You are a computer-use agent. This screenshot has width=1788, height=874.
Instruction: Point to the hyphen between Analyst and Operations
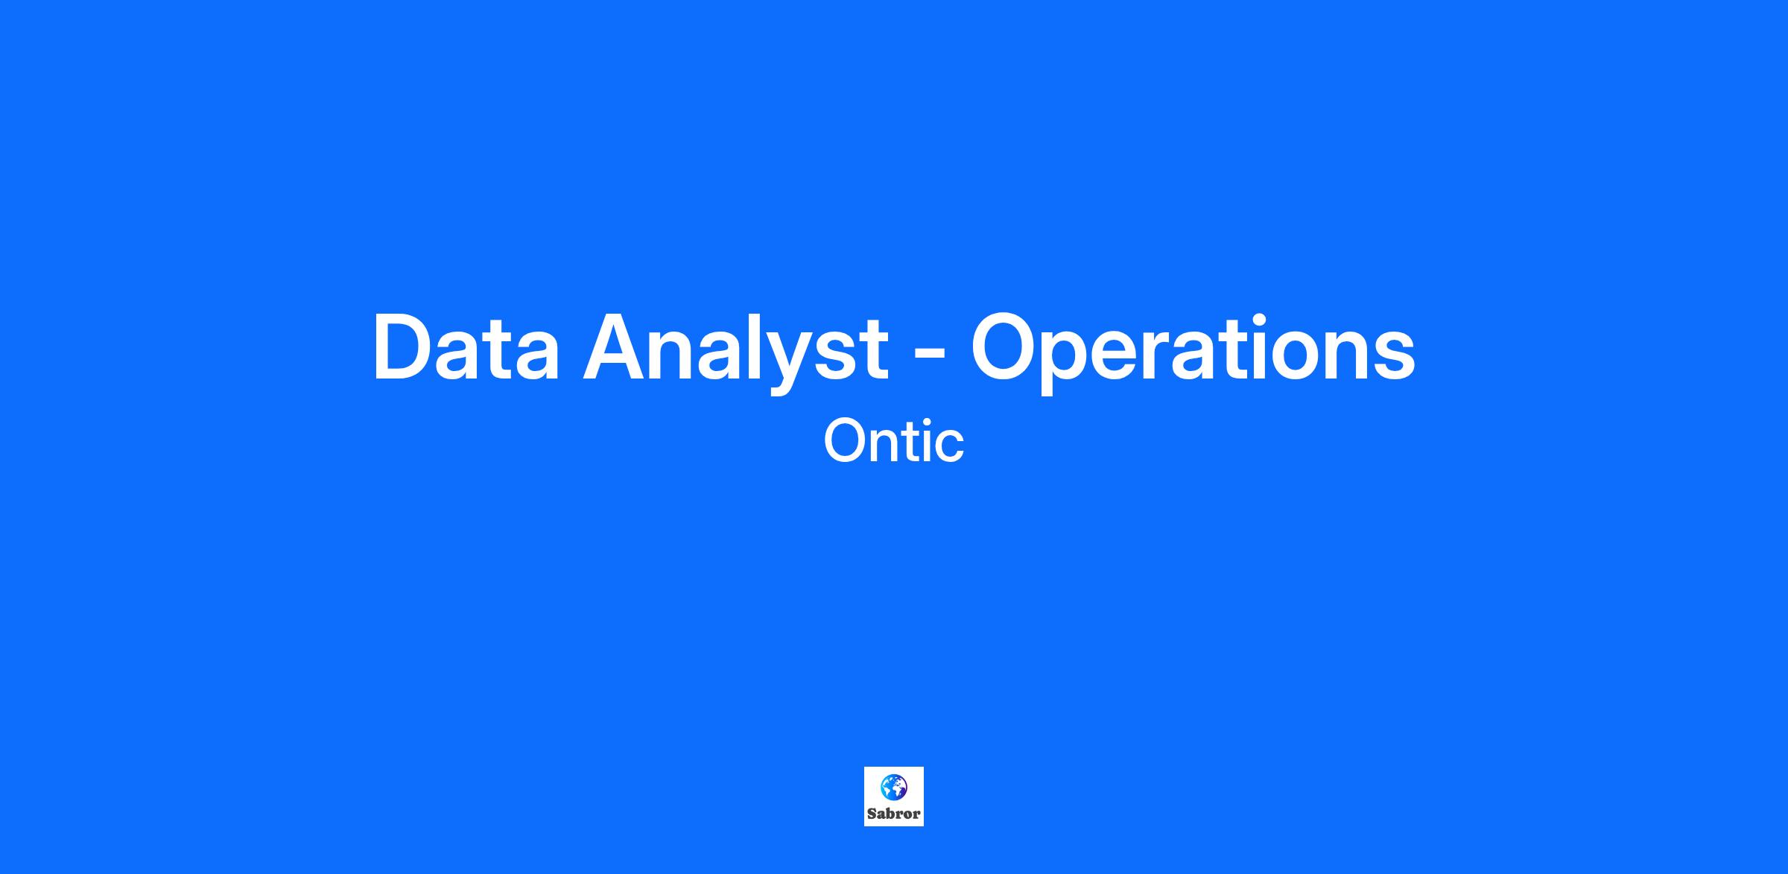[x=929, y=354]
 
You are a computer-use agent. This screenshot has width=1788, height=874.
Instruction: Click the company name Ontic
[x=894, y=440]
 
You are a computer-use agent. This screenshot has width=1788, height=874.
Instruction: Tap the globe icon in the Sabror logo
[x=894, y=787]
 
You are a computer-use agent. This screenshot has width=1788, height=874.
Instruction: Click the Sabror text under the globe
[x=894, y=814]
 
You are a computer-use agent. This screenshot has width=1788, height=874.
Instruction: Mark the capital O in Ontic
[x=846, y=440]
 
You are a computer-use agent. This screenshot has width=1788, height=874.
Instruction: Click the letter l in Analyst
[x=749, y=347]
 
